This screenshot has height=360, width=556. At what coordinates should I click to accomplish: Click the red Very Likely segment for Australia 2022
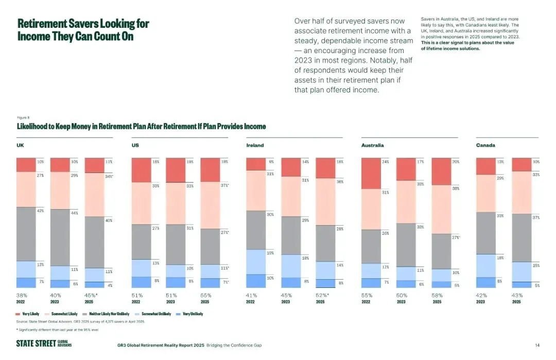[371, 174]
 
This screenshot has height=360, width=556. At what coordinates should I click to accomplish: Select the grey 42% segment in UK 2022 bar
[26, 234]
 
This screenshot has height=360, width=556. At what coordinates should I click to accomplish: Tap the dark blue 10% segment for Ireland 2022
[255, 281]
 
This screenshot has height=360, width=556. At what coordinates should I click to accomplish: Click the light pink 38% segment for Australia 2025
[441, 209]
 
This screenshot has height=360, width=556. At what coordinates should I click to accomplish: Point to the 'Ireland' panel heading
[255, 145]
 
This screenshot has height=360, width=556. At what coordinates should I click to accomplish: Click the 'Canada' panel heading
[485, 145]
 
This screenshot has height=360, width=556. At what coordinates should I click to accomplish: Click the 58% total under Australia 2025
[437, 295]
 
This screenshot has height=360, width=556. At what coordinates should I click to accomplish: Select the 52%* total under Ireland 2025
[322, 295]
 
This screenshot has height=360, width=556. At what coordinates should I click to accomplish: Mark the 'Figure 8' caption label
[23, 118]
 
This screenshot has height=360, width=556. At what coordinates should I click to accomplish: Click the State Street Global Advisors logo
[44, 344]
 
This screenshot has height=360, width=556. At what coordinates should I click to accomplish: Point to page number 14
[537, 345]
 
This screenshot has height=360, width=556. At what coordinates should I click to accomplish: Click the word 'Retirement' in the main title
[41, 24]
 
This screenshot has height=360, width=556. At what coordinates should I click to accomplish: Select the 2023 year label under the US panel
[170, 301]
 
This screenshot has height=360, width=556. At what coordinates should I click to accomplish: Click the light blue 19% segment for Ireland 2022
[255, 262]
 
